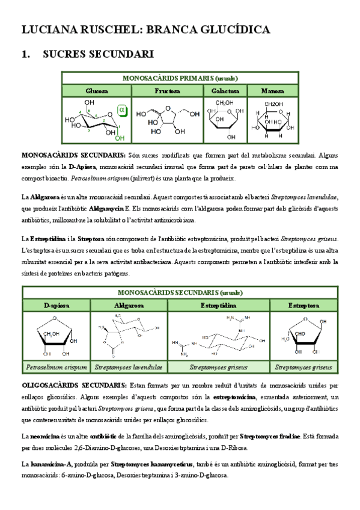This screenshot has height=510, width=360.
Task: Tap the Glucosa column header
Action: pos(96,91)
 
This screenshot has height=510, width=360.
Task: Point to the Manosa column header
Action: pos(272,91)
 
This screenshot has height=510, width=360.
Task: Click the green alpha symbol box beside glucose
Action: pos(121,111)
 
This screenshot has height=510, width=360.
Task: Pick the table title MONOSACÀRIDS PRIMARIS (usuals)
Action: pos(180,78)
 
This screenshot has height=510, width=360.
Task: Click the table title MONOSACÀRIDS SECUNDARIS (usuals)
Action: pos(180,293)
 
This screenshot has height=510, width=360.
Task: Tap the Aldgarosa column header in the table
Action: pos(129,306)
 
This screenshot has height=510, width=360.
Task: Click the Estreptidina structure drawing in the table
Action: pos(219,338)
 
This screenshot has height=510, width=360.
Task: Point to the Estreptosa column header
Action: pos(304,306)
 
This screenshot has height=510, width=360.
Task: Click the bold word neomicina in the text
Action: pos(43,435)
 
